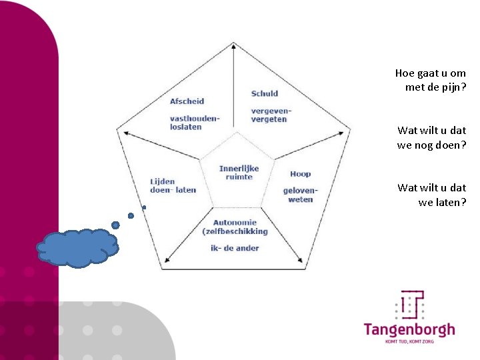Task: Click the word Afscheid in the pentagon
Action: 187,101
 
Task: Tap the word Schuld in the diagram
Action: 265,93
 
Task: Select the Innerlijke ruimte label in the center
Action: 239,173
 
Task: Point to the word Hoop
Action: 300,174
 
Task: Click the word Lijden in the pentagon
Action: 163,181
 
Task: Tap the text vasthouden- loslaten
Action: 194,123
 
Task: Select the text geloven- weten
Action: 300,195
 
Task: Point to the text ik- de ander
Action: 235,248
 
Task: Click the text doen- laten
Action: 173,190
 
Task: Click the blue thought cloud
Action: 78,247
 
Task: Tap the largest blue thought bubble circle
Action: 115,225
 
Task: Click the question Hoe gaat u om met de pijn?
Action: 431,80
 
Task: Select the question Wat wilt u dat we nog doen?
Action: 431,137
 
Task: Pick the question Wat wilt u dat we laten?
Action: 431,195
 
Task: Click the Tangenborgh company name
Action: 409,329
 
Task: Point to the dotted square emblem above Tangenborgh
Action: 411,305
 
